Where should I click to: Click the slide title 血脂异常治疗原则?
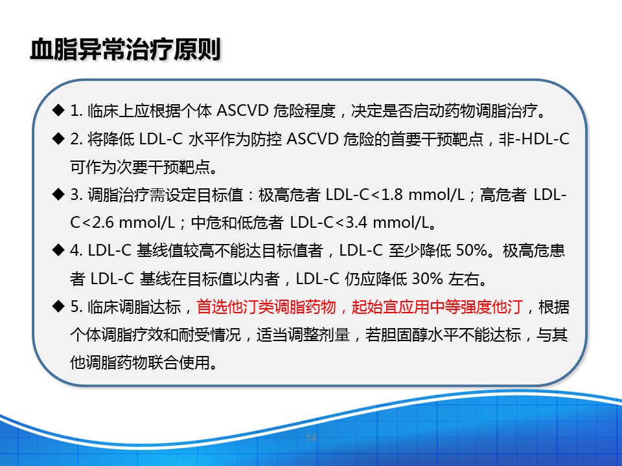click(x=126, y=50)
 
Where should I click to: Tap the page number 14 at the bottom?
click(x=311, y=438)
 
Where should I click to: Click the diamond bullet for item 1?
click(x=59, y=110)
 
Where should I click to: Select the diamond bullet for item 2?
click(x=59, y=139)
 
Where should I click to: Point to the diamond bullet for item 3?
click(x=59, y=194)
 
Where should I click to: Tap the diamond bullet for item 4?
click(x=59, y=250)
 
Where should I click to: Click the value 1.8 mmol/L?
click(x=422, y=195)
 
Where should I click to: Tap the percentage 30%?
click(x=425, y=279)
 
